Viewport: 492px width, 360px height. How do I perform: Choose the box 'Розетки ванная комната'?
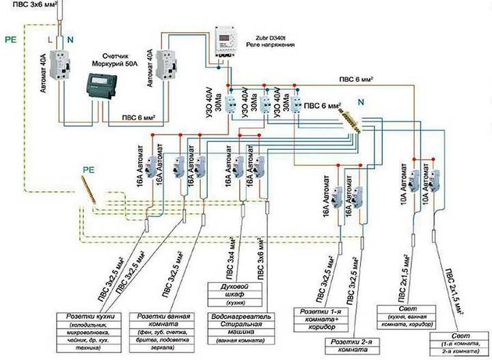click(168, 332)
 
